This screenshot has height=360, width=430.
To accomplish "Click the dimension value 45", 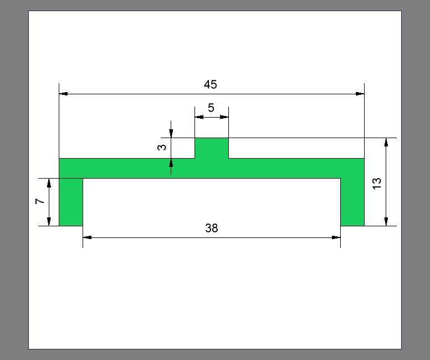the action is tap(211, 84).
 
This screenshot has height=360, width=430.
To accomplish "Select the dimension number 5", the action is tap(211, 108).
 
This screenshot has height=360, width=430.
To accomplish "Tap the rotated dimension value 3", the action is tap(162, 147).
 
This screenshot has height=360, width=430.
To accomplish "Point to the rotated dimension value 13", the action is tap(377, 183).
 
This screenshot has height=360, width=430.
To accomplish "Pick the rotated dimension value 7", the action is tap(40, 201).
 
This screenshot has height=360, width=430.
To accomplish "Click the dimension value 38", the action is tap(212, 228).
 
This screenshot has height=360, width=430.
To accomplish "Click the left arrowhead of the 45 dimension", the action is tap(63, 94).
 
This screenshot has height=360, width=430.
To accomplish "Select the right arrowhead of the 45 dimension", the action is tap(360, 94).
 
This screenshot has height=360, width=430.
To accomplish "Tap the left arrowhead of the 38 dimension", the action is tap(87, 237).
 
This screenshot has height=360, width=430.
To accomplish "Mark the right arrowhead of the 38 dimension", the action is tap(336, 237).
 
